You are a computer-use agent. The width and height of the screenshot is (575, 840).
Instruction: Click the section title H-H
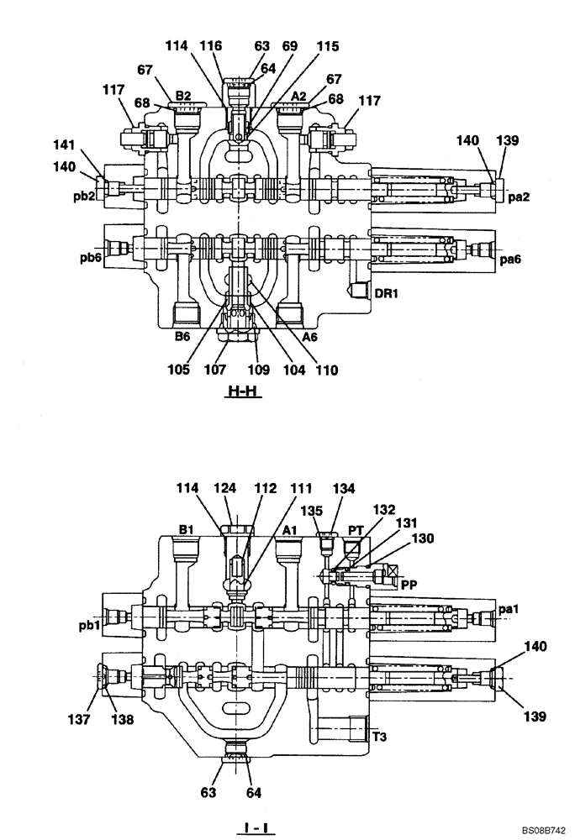[x=241, y=391]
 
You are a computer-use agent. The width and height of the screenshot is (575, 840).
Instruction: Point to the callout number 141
[x=87, y=144]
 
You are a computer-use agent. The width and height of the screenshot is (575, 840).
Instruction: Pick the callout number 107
[x=219, y=368]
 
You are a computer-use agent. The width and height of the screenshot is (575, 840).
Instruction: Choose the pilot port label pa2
[x=519, y=196]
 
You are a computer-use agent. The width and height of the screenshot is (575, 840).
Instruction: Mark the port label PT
[x=356, y=530]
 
